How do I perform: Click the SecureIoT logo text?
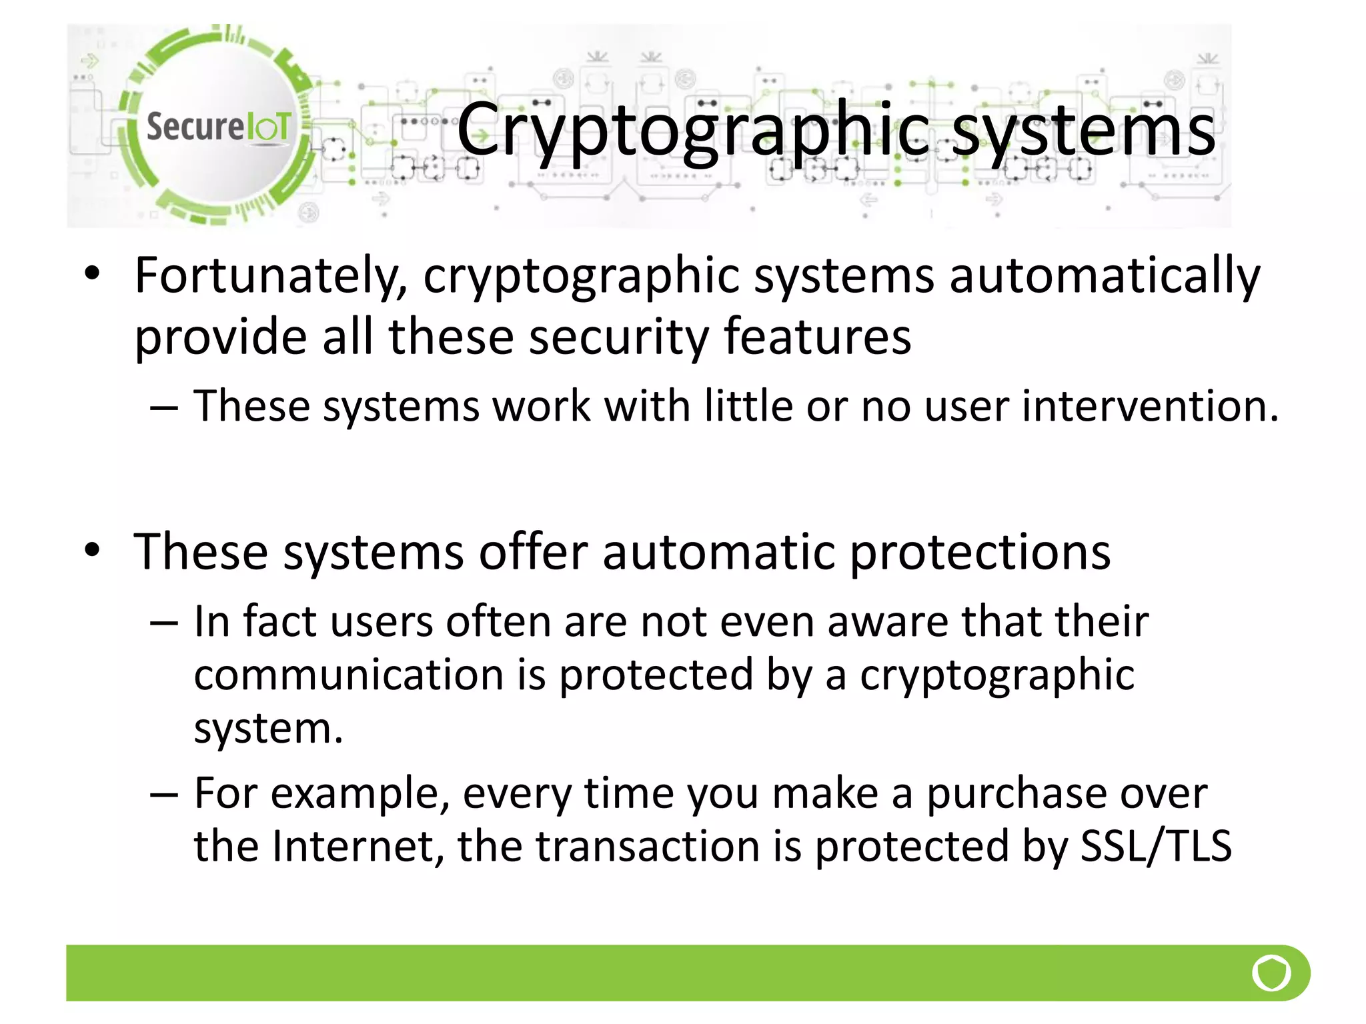[x=218, y=127]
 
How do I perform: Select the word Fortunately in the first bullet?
[x=271, y=276]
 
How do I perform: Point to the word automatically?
[x=1105, y=276]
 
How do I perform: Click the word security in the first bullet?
[x=619, y=337]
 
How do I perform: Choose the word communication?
[x=349, y=675]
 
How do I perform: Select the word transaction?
[x=648, y=847]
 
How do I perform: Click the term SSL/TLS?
[x=1155, y=847]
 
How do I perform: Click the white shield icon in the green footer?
[x=1271, y=973]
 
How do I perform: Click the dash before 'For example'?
[x=164, y=794]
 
